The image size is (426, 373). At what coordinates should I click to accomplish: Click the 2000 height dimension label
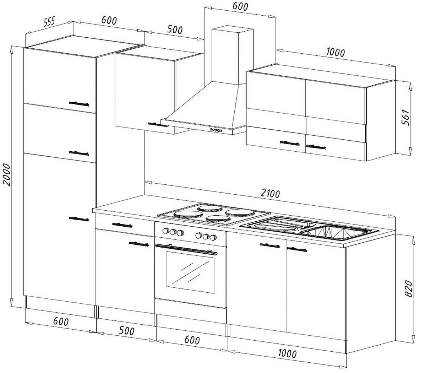[6, 174]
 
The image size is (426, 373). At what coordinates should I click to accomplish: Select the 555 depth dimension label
[49, 22]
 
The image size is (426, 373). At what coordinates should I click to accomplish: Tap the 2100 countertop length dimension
[270, 194]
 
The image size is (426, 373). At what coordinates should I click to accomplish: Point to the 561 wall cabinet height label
[405, 117]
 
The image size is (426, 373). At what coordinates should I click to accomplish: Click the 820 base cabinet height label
[409, 288]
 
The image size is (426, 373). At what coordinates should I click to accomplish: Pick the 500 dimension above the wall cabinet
[175, 30]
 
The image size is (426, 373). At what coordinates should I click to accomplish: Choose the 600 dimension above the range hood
[240, 6]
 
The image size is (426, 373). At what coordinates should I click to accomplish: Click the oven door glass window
[190, 272]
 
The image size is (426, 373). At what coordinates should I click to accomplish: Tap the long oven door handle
[186, 249]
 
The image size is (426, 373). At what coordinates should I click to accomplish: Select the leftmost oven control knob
[165, 231]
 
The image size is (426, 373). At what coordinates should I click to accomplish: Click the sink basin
[335, 233]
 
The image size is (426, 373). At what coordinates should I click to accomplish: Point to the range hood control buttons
[216, 130]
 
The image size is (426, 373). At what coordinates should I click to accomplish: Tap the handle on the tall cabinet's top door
[79, 104]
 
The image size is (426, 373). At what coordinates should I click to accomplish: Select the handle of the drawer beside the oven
[122, 225]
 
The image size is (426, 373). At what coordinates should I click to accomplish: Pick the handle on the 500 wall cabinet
[158, 125]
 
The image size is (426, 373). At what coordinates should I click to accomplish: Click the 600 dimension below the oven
[192, 340]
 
